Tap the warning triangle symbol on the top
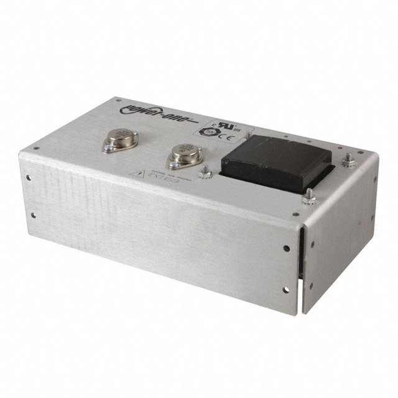pyautogui.click(x=134, y=174)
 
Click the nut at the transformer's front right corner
pyautogui.click(x=307, y=198)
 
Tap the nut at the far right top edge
pyautogui.click(x=349, y=161)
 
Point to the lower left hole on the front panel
pyautogui.click(x=33, y=215)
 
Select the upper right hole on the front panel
pyautogui.click(x=286, y=248)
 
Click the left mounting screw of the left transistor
pyautogui.click(x=108, y=148)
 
